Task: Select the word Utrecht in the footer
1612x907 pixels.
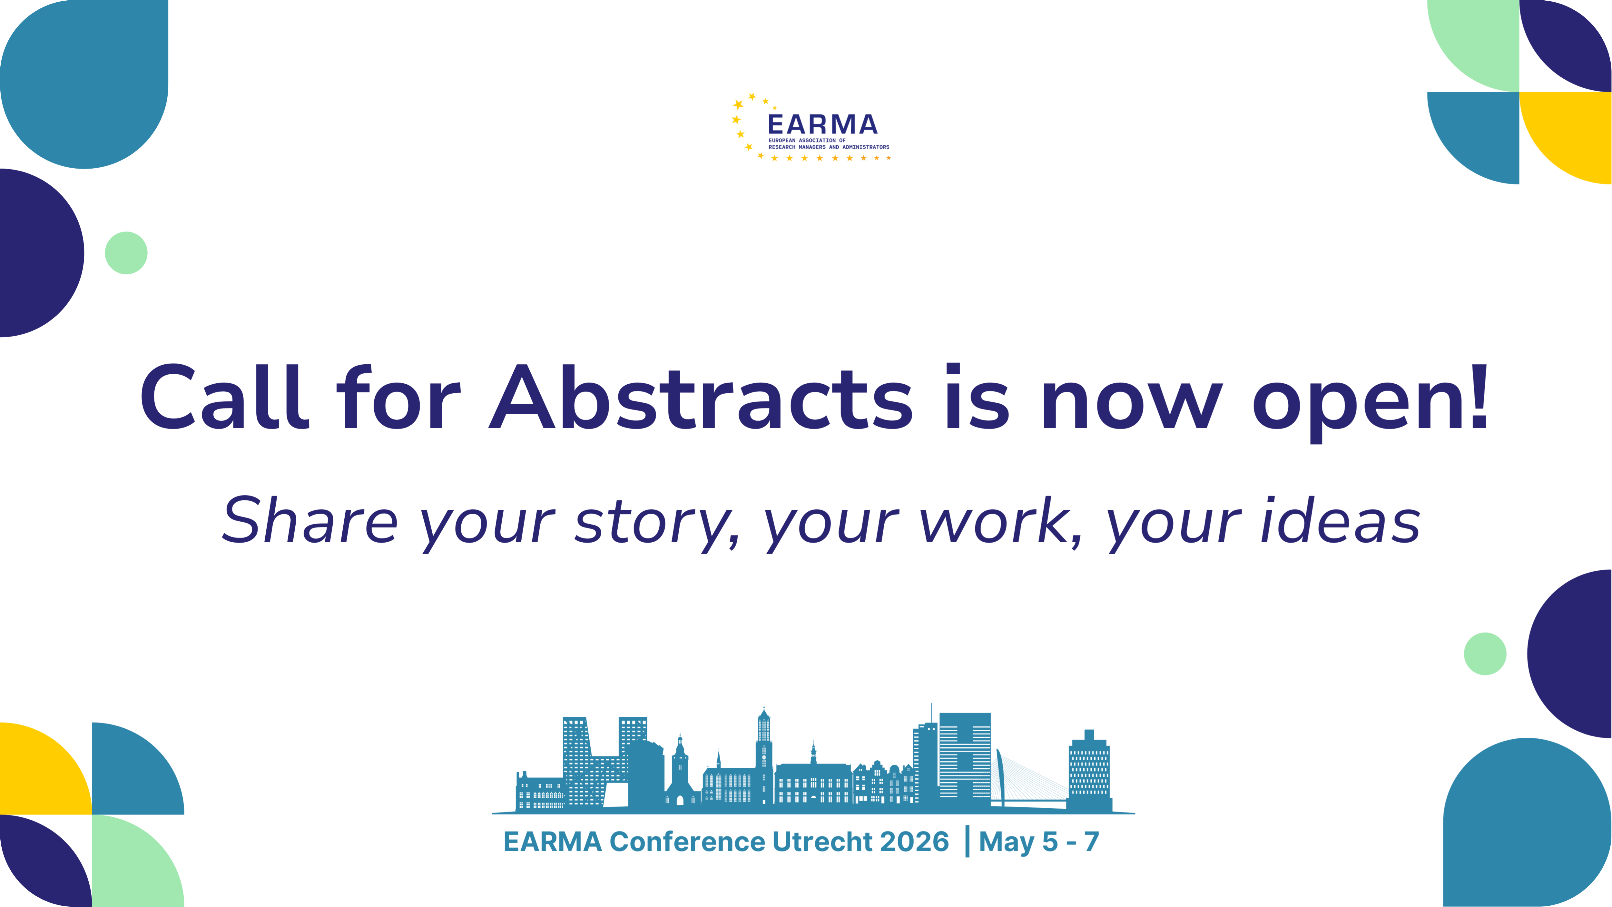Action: tap(823, 842)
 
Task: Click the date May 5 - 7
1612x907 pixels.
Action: tap(1039, 843)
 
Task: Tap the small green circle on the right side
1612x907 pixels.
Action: tap(1485, 654)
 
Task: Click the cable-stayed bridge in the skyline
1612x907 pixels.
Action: tap(1026, 783)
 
